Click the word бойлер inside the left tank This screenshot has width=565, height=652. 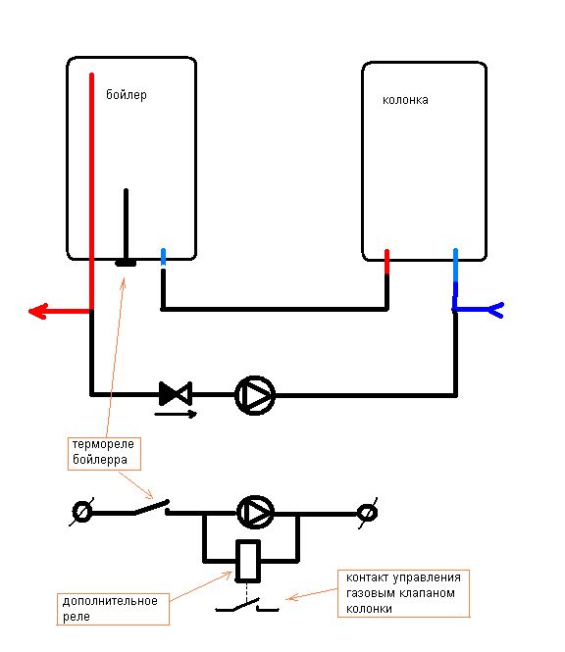pyautogui.click(x=127, y=95)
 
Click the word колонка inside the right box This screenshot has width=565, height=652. pyautogui.click(x=405, y=100)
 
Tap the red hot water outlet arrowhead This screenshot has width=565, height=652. pyautogui.click(x=37, y=311)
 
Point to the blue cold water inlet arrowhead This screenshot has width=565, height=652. pyautogui.click(x=495, y=310)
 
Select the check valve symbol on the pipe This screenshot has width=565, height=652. pyautogui.click(x=176, y=393)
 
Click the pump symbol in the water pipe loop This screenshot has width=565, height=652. pyautogui.click(x=255, y=395)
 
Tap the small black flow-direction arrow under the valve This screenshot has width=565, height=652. pyautogui.click(x=176, y=414)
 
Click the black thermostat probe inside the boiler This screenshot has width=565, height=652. pyautogui.click(x=126, y=227)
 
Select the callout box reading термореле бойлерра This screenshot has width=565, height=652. pyautogui.click(x=104, y=453)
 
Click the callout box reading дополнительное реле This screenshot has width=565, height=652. pyautogui.click(x=113, y=609)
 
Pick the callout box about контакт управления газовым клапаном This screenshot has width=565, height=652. pyautogui.click(x=403, y=593)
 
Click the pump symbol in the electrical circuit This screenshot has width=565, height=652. pyautogui.click(x=255, y=512)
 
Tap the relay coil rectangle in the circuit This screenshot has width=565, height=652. pyautogui.click(x=248, y=561)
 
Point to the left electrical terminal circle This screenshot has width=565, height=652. pyautogui.click(x=81, y=512)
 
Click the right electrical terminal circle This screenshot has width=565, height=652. pyautogui.click(x=368, y=513)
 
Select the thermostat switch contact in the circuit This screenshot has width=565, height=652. pyautogui.click(x=151, y=508)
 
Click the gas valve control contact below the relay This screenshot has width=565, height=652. pyautogui.click(x=247, y=605)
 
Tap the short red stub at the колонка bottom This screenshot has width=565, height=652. pyautogui.click(x=386, y=262)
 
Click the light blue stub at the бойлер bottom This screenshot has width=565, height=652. pyautogui.click(x=163, y=258)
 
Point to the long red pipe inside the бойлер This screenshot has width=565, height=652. pyautogui.click(x=91, y=192)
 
